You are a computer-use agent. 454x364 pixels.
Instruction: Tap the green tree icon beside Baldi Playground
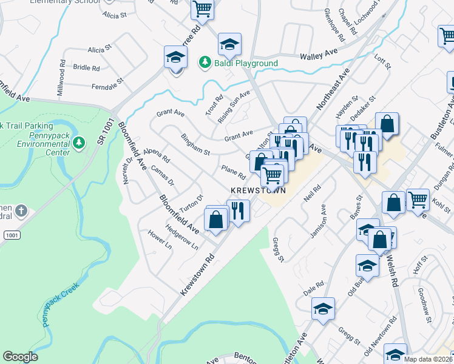click(205, 62)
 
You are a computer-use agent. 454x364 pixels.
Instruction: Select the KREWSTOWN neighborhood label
click(258, 190)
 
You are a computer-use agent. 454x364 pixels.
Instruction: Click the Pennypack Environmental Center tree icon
click(78, 143)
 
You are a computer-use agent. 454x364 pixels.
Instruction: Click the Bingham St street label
click(195, 144)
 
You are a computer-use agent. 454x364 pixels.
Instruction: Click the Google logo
click(21, 357)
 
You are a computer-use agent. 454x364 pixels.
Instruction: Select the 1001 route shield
click(11, 234)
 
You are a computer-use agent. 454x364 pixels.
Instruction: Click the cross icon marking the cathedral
click(21, 211)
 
